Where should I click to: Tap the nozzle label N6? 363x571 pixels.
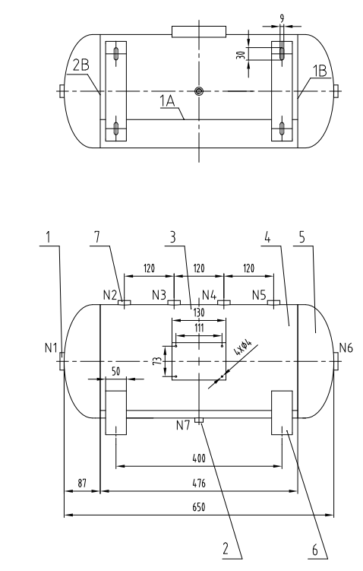(346, 348)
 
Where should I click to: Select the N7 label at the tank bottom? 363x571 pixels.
(182, 424)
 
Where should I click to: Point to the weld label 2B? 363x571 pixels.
(80, 66)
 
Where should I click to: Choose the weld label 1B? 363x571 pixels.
(320, 71)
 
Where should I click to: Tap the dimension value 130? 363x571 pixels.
(198, 312)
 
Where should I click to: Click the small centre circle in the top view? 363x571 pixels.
(199, 91)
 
